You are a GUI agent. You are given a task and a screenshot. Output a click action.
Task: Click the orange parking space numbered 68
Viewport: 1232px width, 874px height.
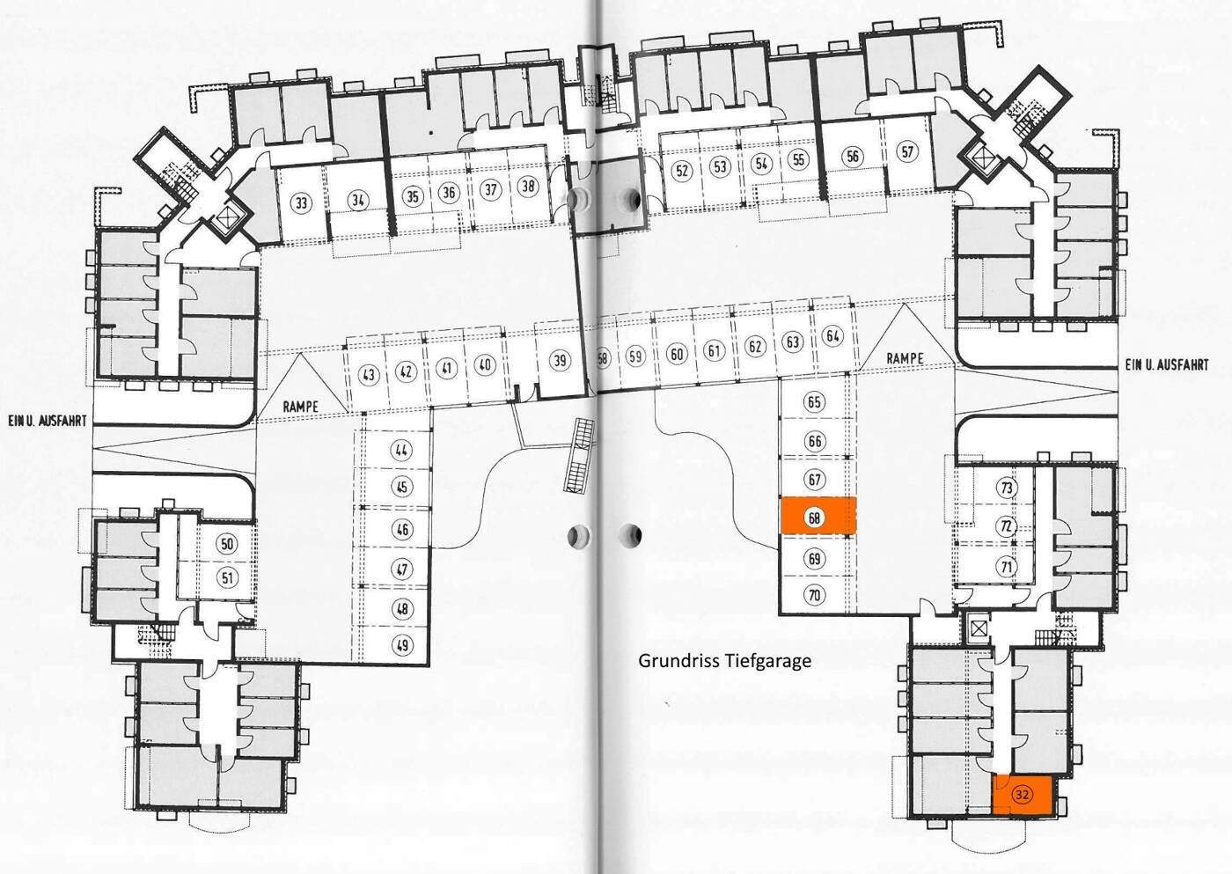(x=819, y=516)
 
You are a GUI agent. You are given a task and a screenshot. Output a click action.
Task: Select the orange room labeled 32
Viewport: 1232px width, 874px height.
(x=1022, y=794)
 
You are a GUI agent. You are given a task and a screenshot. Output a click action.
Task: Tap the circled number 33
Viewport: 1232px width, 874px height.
(x=301, y=203)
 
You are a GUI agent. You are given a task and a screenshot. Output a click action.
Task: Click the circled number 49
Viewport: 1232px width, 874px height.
(x=403, y=644)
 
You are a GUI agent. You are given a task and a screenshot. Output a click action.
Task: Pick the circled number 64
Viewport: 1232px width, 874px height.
(x=832, y=335)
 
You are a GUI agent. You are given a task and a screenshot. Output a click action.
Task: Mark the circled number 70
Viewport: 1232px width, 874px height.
(x=815, y=595)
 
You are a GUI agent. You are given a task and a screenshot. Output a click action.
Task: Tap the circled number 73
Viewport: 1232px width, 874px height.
(x=1007, y=488)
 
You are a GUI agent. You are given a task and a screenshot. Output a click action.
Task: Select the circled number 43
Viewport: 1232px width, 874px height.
(x=369, y=375)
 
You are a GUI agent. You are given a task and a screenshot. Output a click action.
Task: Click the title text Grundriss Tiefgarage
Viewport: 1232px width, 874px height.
(x=724, y=661)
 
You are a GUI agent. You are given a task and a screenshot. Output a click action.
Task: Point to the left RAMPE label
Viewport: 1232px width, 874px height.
(x=301, y=407)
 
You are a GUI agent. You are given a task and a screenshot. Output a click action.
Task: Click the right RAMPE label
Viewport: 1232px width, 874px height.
(x=905, y=358)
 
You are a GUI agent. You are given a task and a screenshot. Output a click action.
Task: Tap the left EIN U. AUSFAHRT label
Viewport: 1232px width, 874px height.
(x=48, y=422)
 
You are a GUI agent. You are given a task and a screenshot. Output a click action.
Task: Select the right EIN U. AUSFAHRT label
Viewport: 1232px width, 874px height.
(x=1167, y=364)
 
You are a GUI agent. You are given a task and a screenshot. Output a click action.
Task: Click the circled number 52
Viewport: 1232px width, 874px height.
(x=682, y=170)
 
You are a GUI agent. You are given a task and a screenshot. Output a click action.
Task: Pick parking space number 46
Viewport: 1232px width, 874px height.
(x=402, y=529)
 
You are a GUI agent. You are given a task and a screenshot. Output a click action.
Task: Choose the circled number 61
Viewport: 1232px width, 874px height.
(x=714, y=350)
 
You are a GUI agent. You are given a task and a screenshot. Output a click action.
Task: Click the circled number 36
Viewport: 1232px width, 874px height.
(x=450, y=193)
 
